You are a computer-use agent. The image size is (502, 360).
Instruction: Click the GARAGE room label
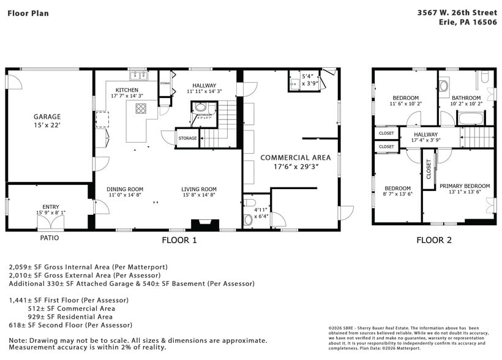coord(47,116)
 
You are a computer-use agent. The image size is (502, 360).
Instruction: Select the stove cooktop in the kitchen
coord(141,109)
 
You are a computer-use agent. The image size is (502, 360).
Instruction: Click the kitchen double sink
coord(138,75)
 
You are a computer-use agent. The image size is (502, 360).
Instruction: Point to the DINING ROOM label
coord(125,189)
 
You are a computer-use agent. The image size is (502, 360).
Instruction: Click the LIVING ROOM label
coord(199,189)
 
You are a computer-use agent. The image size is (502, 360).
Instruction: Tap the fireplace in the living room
coord(201,225)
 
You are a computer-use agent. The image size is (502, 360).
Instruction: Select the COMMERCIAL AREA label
coord(291,157)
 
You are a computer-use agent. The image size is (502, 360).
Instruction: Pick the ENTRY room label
coord(51,207)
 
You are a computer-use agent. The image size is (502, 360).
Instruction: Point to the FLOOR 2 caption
coord(434,241)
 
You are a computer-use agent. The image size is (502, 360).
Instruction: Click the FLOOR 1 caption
coord(179,241)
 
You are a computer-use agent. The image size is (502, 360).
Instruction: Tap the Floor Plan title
coord(28,13)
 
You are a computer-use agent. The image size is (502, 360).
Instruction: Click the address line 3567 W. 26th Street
coord(457,12)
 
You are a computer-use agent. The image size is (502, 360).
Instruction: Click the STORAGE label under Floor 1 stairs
coord(187,138)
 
